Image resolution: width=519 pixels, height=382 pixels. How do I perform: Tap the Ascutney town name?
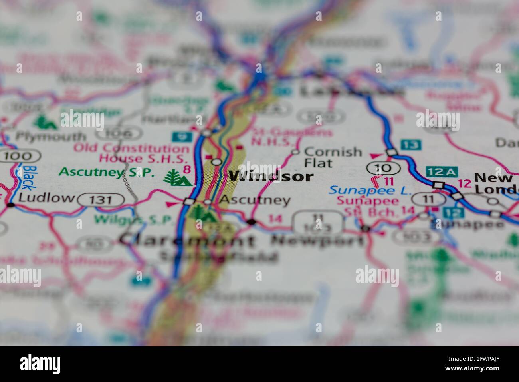(255, 200)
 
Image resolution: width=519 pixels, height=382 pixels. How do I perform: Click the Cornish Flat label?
(332, 157)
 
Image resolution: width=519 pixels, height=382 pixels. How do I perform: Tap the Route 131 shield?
(101, 199)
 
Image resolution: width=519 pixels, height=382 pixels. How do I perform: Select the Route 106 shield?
(125, 133)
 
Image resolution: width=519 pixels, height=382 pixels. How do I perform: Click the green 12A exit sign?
(441, 172)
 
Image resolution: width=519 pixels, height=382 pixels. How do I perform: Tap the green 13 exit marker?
(409, 145)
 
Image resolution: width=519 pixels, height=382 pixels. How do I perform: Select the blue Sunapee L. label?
(370, 190)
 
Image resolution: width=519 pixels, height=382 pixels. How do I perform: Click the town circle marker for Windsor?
(216, 162)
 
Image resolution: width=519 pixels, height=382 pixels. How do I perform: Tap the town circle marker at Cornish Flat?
(295, 152)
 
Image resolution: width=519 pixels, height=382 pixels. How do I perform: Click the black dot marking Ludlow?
(10, 205)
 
